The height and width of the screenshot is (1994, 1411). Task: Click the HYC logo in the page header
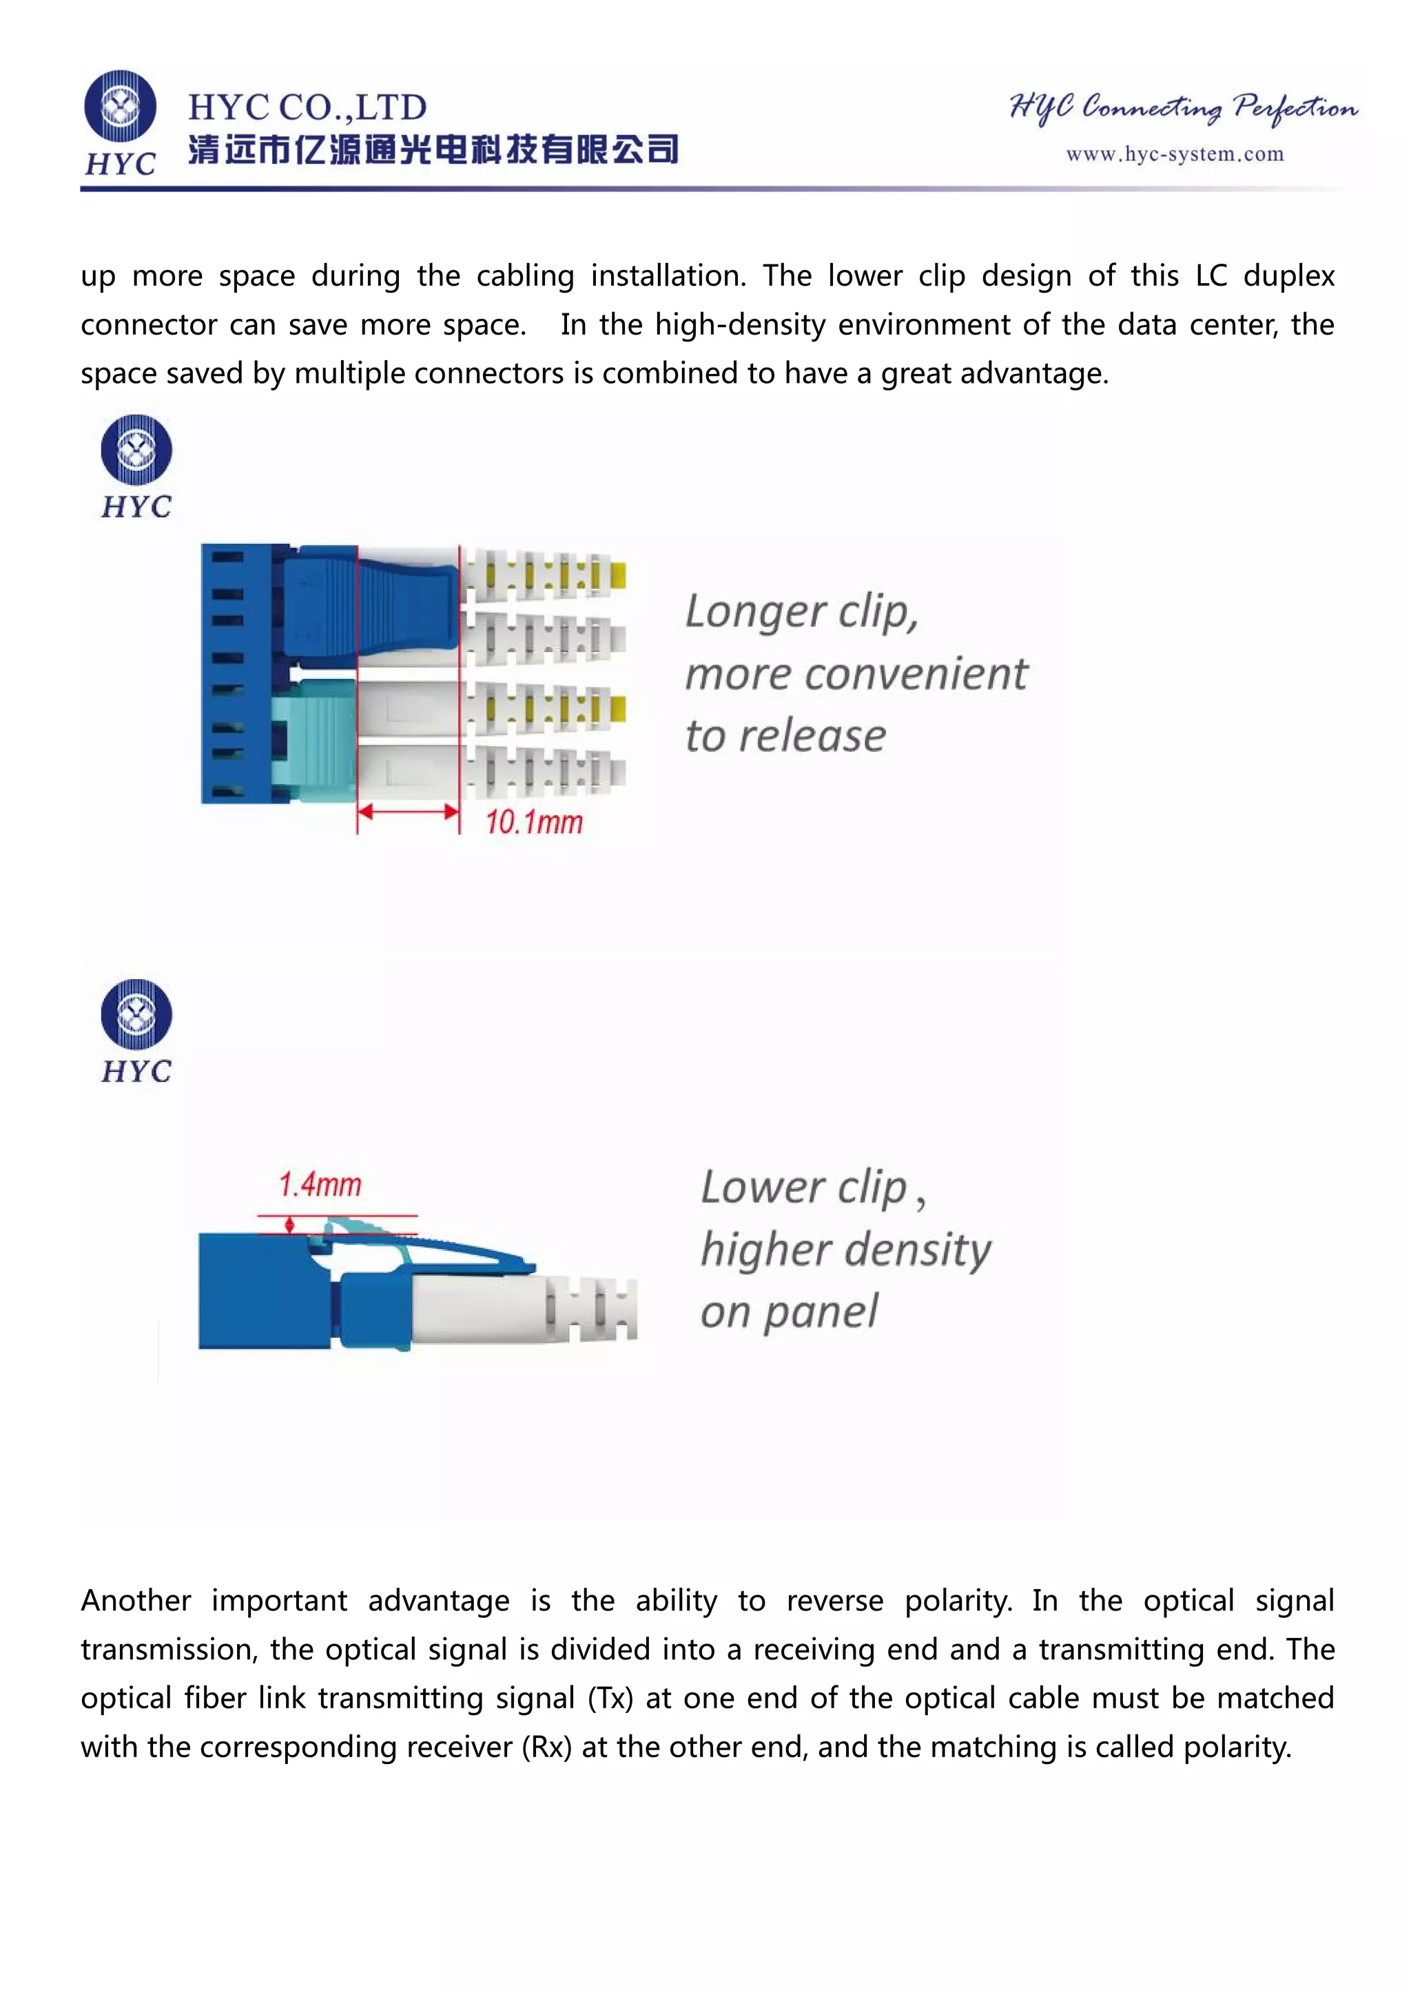point(121,122)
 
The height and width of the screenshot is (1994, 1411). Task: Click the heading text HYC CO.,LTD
point(307,107)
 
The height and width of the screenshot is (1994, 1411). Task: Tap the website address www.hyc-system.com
point(1175,155)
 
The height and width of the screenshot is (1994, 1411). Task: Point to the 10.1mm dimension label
point(533,821)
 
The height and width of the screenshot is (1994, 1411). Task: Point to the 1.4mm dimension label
point(320,1184)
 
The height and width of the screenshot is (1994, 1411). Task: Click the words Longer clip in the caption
point(801,611)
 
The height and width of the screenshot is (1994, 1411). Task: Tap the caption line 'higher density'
point(845,1250)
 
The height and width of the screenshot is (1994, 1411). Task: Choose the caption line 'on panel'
point(789,1312)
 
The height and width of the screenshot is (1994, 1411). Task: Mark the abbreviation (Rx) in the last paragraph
point(546,1748)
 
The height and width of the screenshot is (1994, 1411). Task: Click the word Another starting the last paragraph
point(136,1601)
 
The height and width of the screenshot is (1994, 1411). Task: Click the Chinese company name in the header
point(433,150)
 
